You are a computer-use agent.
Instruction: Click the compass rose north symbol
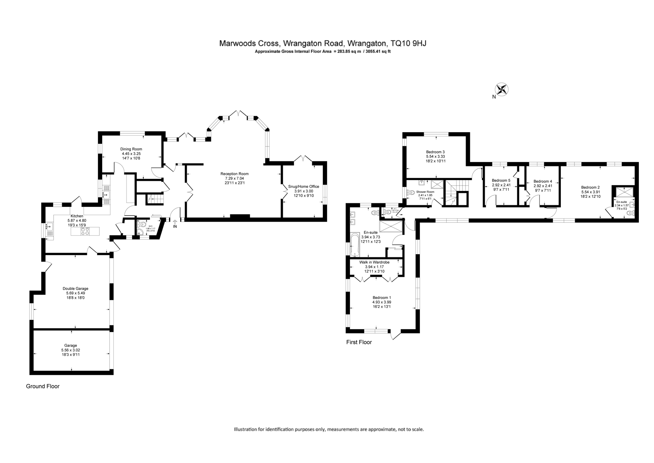[502, 90]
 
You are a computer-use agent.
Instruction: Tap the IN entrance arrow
[175, 223]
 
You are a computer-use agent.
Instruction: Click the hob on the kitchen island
[85, 232]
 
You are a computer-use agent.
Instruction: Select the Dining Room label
[131, 149]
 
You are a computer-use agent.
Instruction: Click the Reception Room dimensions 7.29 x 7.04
[234, 178]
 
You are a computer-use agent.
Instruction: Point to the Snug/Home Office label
[303, 187]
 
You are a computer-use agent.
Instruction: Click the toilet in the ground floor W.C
[141, 225]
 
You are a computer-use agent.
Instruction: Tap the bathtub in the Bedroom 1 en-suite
[355, 245]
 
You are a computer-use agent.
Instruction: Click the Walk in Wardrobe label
[374, 262]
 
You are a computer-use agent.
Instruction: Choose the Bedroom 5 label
[501, 181]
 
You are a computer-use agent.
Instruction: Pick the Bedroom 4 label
[543, 181]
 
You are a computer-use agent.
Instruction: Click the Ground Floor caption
[43, 386]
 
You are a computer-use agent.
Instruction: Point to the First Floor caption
[359, 342]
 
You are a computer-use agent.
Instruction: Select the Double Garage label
[75, 288]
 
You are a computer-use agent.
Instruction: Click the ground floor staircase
[154, 199]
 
